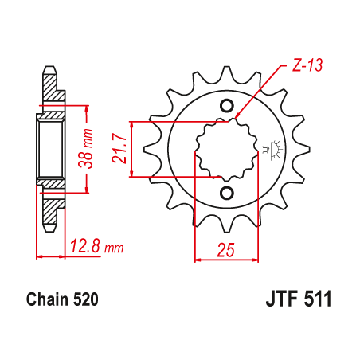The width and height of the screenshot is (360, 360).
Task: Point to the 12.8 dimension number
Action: click(87, 248)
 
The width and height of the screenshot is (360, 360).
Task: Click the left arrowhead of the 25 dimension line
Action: click(197, 258)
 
